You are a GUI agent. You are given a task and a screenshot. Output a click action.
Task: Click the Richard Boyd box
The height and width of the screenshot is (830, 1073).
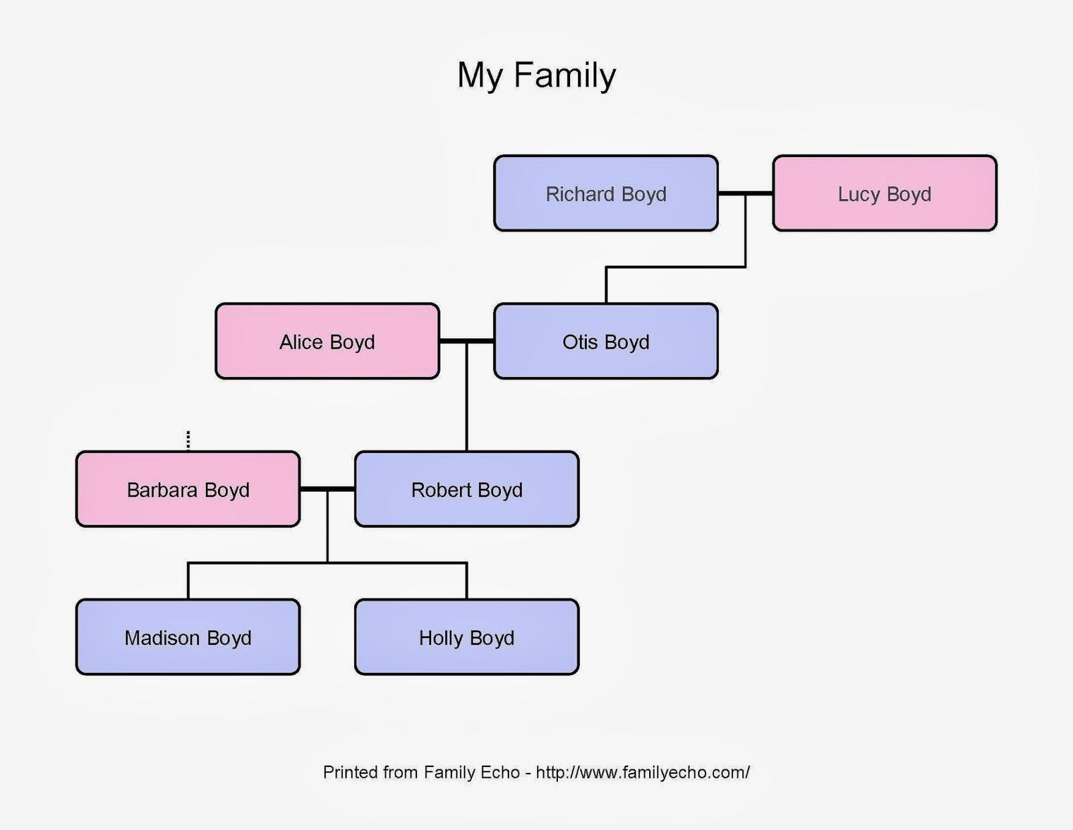[606, 193]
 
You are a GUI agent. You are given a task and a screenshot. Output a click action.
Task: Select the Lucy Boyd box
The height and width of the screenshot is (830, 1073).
[884, 193]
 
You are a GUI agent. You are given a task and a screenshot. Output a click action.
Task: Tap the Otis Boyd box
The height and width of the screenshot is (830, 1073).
[606, 341]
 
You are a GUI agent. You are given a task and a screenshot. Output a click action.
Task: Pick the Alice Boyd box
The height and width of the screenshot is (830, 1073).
[327, 341]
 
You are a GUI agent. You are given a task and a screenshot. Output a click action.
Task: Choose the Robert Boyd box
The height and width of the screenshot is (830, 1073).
[466, 489]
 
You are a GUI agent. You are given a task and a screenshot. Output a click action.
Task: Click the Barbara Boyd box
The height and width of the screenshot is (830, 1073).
[188, 489]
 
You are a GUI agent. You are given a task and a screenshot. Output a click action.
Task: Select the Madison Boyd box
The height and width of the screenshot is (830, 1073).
[188, 637]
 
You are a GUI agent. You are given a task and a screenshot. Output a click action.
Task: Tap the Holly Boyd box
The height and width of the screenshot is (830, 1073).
[466, 637]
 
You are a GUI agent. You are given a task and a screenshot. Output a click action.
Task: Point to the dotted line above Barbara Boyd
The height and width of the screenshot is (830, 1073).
[188, 439]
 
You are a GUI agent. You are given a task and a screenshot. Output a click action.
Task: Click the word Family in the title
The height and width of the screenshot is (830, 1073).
[565, 75]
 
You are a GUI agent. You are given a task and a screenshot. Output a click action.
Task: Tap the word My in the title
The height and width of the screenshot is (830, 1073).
[479, 75]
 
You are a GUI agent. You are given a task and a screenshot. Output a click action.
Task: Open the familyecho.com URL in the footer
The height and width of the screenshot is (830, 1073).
[642, 772]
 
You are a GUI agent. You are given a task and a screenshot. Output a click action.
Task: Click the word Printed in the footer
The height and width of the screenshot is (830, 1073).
[350, 772]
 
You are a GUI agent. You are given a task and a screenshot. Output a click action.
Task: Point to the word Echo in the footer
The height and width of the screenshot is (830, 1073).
[500, 772]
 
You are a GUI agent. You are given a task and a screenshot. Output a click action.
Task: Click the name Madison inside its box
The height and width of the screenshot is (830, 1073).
[162, 637]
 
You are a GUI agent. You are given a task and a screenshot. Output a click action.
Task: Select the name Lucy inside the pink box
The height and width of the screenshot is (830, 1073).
[858, 194]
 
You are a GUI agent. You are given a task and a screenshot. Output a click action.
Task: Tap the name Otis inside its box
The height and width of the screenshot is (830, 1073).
[580, 342]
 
